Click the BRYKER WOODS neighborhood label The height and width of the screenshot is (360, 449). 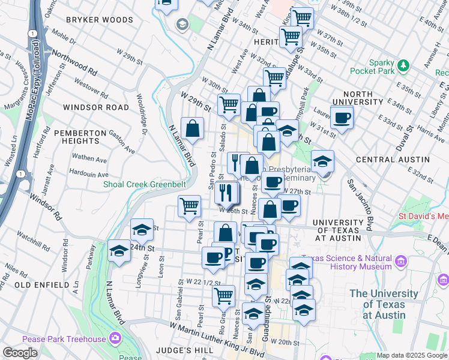(99, 20)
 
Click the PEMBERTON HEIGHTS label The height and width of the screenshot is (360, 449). (76, 136)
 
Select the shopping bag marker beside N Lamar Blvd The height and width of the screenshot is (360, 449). (192, 128)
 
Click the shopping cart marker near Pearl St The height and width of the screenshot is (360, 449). (189, 206)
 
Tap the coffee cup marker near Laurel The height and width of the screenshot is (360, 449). (342, 118)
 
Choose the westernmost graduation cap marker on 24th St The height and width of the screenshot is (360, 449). (119, 252)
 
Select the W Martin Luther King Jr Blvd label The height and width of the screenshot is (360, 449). (217, 338)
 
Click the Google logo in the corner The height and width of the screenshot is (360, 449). (20, 353)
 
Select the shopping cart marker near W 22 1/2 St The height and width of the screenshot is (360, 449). (223, 295)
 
